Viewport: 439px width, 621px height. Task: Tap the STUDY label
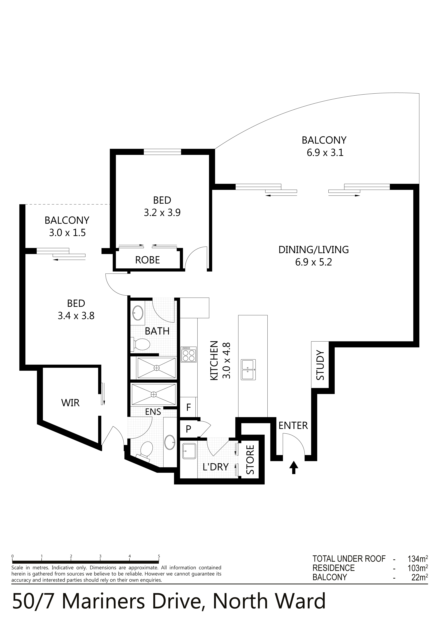(320, 365)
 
